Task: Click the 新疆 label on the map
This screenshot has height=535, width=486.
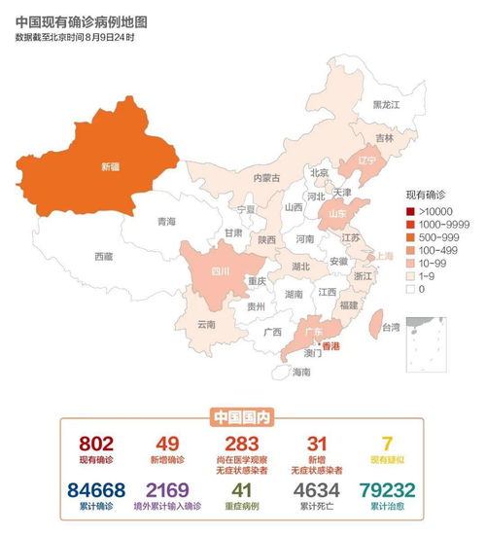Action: point(112,166)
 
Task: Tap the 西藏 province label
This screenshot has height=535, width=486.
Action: point(104,257)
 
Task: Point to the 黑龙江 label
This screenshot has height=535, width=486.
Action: point(386,104)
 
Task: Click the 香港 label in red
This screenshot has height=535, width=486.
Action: point(331,345)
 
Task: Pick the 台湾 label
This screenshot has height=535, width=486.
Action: point(390,327)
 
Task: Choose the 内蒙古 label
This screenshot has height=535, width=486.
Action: point(266,178)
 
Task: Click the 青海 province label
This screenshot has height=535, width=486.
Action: point(167,222)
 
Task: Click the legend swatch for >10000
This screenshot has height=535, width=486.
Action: point(411,211)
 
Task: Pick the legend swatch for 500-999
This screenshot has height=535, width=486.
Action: point(411,237)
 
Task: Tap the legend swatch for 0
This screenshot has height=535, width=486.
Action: point(411,288)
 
